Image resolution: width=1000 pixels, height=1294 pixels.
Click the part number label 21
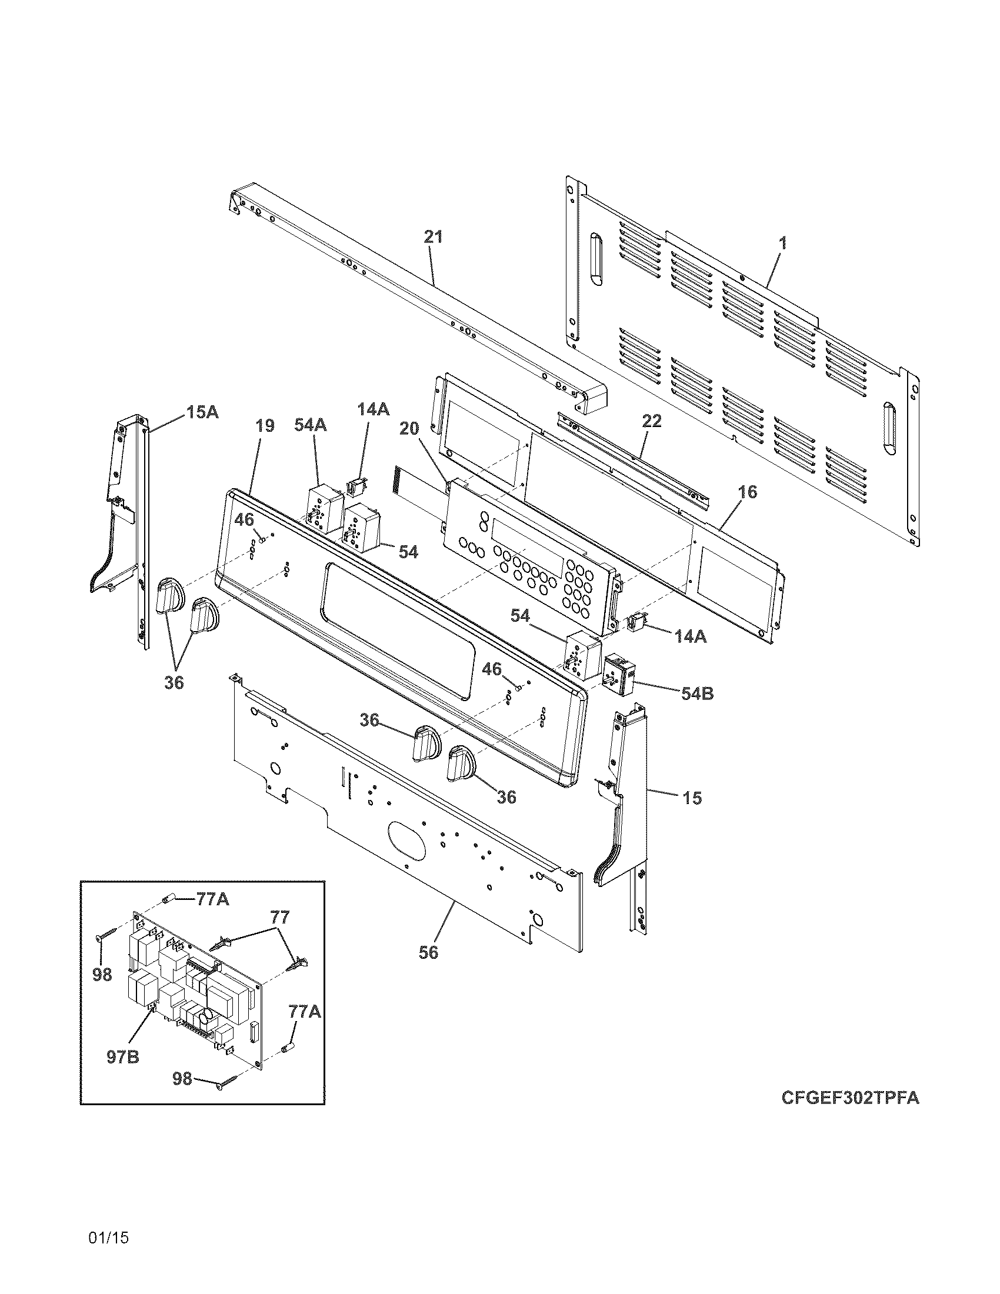tap(433, 237)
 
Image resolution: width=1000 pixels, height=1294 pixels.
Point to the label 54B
tap(696, 693)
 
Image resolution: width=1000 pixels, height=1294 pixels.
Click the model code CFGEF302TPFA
tap(850, 1098)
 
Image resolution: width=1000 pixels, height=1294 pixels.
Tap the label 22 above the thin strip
tap(651, 421)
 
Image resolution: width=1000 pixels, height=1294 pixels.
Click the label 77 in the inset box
tap(279, 918)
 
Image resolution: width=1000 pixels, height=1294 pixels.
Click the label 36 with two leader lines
tap(174, 682)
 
